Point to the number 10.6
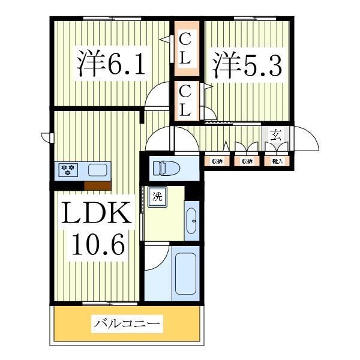point(98,244)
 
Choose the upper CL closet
point(187,49)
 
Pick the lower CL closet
point(187,100)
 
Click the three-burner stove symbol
point(68,170)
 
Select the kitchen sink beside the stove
point(98,170)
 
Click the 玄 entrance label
point(275,135)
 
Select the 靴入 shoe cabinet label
point(277,161)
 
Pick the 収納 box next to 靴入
point(247,161)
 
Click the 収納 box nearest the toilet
point(217,161)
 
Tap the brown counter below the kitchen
point(97,185)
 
